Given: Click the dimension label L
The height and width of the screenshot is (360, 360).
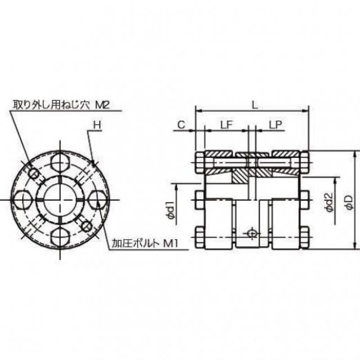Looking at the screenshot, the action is pos(255,105).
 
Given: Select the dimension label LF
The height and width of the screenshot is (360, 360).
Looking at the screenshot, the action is pos(227,125).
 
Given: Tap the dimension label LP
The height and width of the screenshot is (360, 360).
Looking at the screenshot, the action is pos(275,125).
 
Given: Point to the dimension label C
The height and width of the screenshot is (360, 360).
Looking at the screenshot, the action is pos(181,125).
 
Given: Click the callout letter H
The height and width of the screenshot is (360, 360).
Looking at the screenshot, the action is pos(97,125).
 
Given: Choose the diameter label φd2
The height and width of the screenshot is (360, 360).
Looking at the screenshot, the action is pos(329,202).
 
